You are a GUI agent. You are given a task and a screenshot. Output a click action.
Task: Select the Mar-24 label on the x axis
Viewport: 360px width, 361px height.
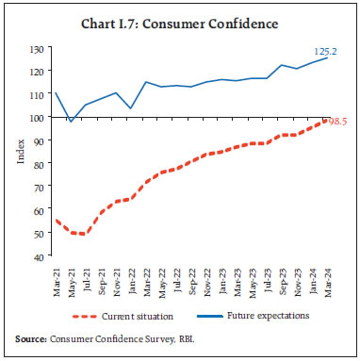click(326, 277)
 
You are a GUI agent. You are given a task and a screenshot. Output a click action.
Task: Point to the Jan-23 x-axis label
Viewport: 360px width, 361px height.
click(222, 277)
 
